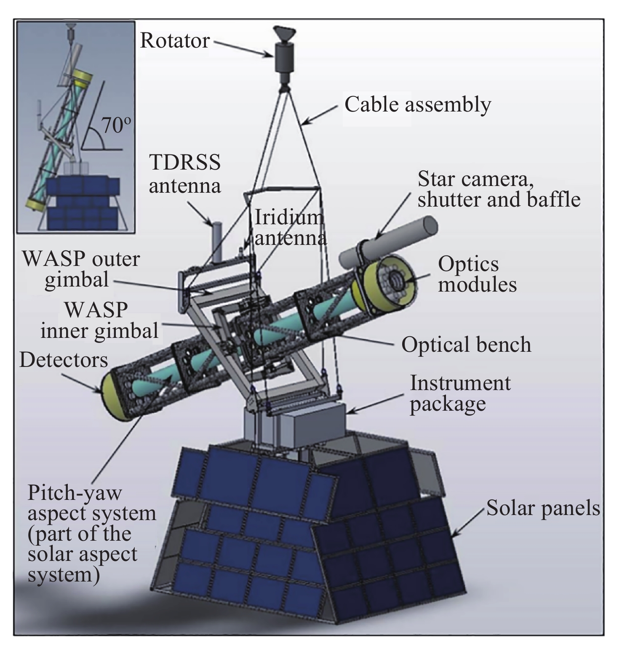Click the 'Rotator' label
(174, 41)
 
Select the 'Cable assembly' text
(417, 104)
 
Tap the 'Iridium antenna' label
(291, 228)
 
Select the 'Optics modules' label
(477, 274)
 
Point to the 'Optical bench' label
(466, 345)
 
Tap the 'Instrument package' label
(460, 393)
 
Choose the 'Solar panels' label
(543, 508)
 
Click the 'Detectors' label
(64, 360)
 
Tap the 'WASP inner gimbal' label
(99, 320)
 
